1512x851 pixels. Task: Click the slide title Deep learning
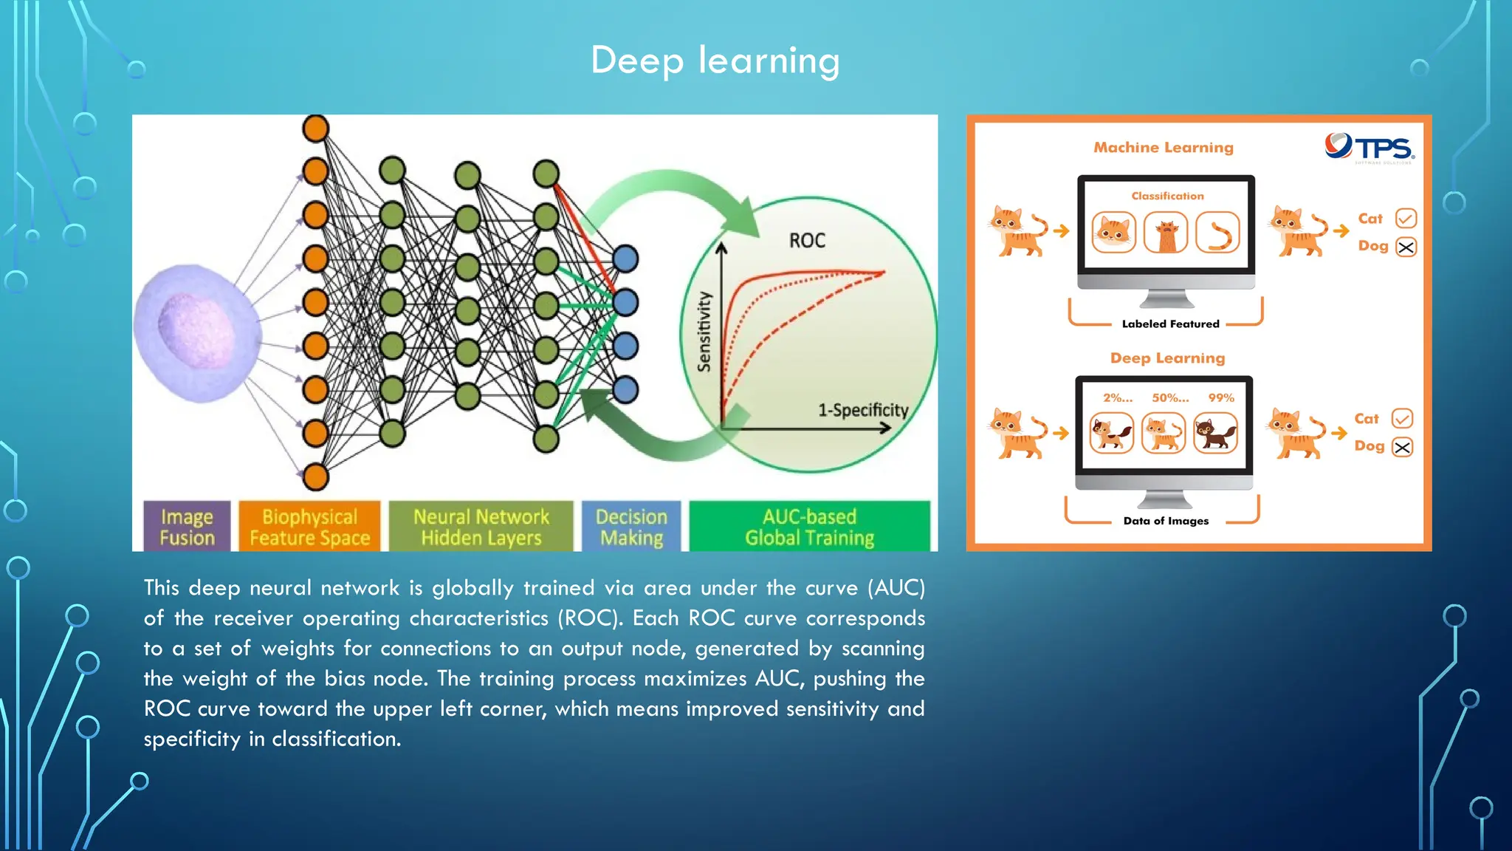[715, 61]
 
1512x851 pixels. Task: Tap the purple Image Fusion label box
[187, 527]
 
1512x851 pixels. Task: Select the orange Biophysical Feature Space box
[309, 527]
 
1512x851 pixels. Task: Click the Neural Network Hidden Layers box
[481, 527]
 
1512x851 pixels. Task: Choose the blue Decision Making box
[631, 527]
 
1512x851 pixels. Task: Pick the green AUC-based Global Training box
[809, 527]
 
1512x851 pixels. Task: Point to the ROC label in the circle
[807, 241]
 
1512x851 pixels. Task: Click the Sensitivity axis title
[704, 331]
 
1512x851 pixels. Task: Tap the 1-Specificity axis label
[862, 410]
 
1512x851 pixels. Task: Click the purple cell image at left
[196, 332]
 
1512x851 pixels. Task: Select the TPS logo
[1370, 148]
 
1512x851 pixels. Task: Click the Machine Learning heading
[1163, 148]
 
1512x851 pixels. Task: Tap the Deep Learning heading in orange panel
[1167, 358]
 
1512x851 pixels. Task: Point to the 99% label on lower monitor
[1220, 398]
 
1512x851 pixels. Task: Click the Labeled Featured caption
[1170, 324]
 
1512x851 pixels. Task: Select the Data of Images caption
[1166, 521]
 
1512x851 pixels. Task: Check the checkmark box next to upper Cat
[1406, 219]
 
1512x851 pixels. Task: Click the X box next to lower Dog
[1402, 447]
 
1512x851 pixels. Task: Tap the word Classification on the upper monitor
[1167, 196]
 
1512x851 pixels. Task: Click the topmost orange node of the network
[315, 129]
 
